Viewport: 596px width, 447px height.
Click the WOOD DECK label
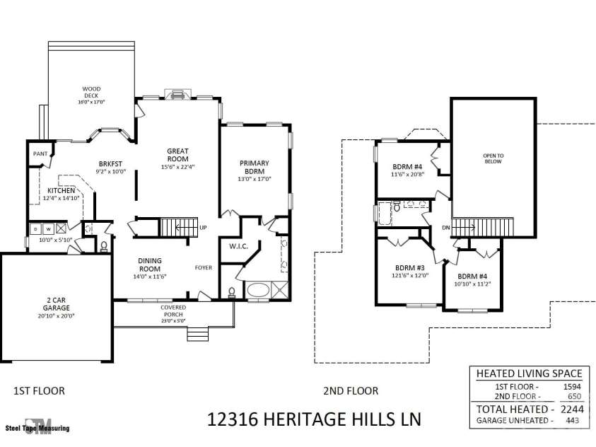point(91,93)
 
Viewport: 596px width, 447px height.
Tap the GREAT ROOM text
point(177,155)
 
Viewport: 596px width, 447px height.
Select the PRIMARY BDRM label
point(255,167)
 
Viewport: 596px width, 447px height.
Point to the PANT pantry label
point(40,153)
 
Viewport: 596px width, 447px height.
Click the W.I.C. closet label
point(238,246)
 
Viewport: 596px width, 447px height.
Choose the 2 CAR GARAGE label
point(57,304)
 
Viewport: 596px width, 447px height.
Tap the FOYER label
point(204,267)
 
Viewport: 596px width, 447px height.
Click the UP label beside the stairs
point(204,227)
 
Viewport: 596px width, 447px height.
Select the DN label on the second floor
point(446,228)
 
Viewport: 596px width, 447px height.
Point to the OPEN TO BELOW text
point(493,158)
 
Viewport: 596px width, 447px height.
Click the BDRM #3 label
point(410,268)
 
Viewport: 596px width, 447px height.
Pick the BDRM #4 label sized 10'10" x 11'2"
point(472,277)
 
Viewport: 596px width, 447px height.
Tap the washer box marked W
point(48,229)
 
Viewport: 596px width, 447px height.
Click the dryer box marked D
point(36,229)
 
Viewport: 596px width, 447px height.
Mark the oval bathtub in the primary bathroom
point(259,291)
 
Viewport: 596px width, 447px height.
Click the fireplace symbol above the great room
point(178,94)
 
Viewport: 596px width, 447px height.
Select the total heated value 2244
point(572,409)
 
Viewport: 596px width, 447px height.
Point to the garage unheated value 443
point(572,420)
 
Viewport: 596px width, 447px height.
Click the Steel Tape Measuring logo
point(37,426)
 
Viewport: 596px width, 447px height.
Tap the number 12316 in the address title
point(232,419)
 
